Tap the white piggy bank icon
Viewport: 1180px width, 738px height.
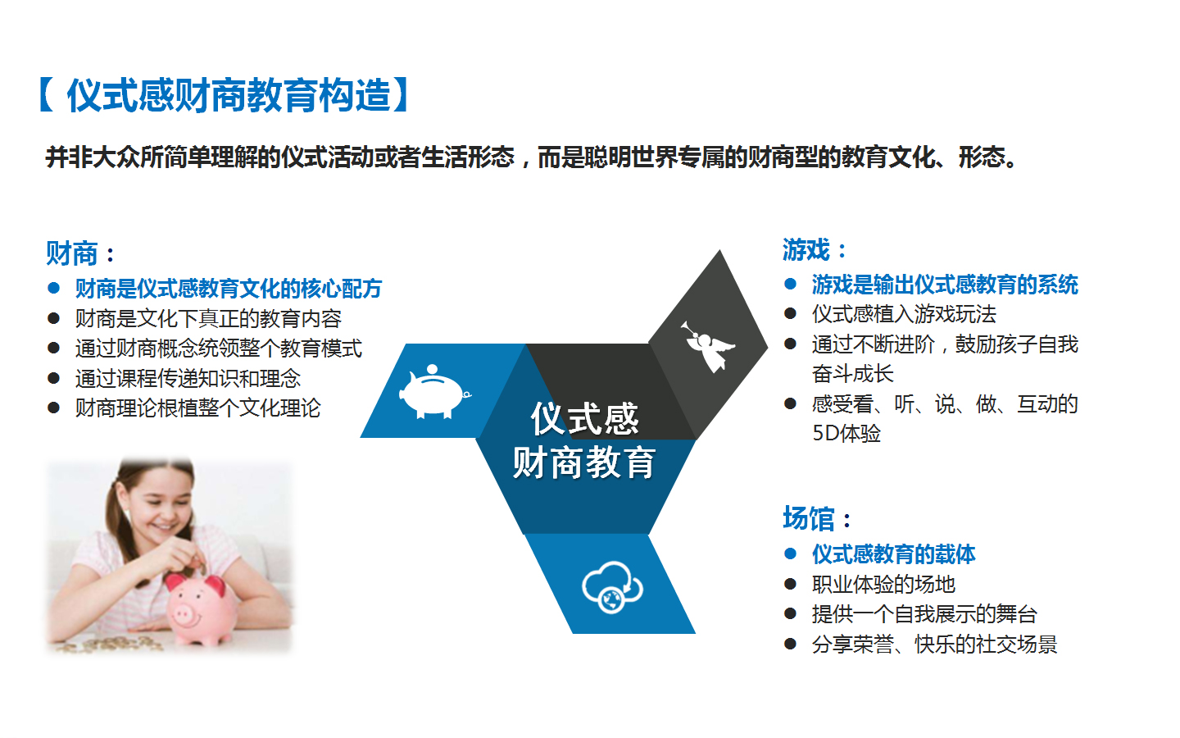[434, 392]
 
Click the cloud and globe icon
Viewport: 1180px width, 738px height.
[612, 587]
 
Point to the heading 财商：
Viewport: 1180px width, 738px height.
[80, 253]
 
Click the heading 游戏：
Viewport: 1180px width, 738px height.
[815, 249]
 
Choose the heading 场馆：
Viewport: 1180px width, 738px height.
[816, 518]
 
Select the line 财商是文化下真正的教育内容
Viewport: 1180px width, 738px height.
[208, 318]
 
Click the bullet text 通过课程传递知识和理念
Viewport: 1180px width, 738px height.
[188, 378]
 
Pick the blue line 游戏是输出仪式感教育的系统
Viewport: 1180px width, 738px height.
[945, 285]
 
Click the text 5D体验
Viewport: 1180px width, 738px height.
[846, 433]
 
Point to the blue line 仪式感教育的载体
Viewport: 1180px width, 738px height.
[893, 554]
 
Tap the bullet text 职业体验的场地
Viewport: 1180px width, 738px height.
[883, 584]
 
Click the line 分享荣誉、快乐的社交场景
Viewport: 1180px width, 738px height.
[934, 645]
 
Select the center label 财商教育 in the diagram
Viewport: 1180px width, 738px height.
[583, 462]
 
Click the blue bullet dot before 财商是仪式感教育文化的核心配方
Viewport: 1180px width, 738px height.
[53, 288]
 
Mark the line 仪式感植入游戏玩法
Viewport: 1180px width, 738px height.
[904, 314]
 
